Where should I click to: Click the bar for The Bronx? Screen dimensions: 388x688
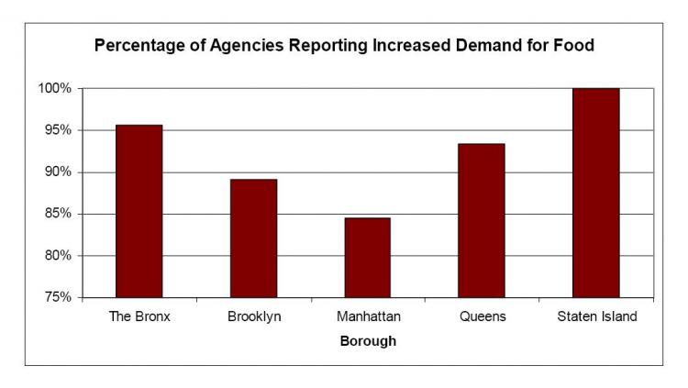[x=139, y=211]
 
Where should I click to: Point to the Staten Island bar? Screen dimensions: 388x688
[x=595, y=193]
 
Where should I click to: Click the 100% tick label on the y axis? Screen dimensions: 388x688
[x=55, y=89]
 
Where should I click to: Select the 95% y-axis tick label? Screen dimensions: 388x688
[x=58, y=130]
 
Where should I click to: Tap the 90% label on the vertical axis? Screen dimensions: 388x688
[x=58, y=172]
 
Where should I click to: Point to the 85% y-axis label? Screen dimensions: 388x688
[x=58, y=214]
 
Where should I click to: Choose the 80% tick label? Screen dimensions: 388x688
[x=58, y=256]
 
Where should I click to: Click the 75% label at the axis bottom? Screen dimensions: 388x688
[x=58, y=297]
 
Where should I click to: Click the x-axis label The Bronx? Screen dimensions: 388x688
[x=139, y=317]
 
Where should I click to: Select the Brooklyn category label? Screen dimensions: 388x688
[x=253, y=317]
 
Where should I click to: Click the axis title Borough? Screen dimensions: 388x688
[x=368, y=340]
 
